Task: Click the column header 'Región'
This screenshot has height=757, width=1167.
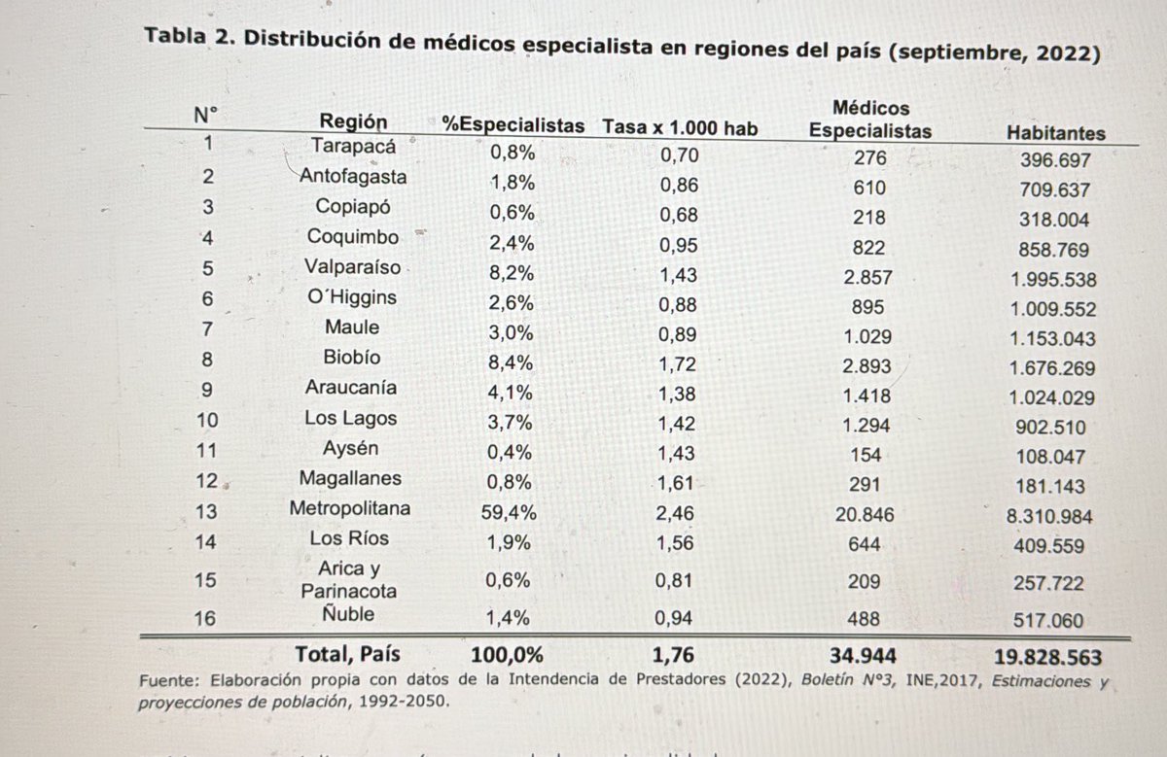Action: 353,122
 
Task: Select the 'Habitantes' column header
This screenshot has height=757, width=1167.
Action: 1056,134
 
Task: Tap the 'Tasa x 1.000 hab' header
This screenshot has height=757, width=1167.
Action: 679,127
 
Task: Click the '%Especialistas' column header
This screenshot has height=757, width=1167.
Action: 513,125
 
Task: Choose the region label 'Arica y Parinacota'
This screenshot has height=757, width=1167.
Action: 348,579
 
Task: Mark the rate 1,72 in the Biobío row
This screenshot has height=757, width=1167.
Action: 678,364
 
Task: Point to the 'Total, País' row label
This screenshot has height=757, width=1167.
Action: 348,654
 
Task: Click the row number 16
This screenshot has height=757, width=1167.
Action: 204,617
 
